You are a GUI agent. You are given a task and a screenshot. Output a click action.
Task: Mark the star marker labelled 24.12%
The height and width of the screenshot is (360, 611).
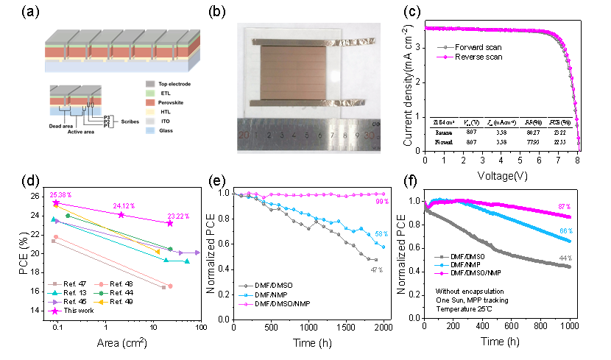(x=121, y=214)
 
